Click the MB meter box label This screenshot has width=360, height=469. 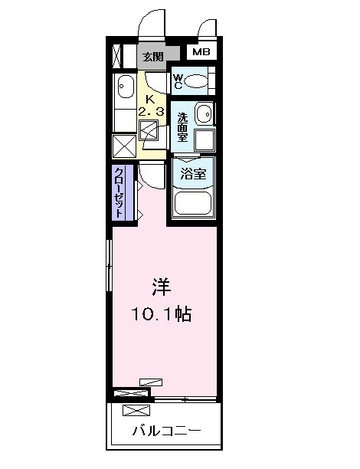pyautogui.click(x=201, y=52)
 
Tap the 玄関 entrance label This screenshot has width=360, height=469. pyautogui.click(x=152, y=56)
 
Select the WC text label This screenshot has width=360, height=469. pyautogui.click(x=178, y=82)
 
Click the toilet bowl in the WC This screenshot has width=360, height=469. pyautogui.click(x=196, y=81)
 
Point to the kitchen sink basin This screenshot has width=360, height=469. pyautogui.click(x=126, y=87)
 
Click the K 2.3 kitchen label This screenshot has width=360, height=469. pyautogui.click(x=152, y=106)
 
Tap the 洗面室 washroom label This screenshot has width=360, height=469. pyautogui.click(x=182, y=127)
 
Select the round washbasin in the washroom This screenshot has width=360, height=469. pyautogui.click(x=205, y=113)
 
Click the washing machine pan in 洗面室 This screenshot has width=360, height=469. pyautogui.click(x=205, y=140)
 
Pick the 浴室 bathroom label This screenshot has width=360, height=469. pyautogui.click(x=194, y=173)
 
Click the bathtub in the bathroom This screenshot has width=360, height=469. pyautogui.click(x=193, y=202)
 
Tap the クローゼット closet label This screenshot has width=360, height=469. pyautogui.click(x=119, y=192)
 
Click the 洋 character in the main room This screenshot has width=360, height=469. pyautogui.click(x=162, y=287)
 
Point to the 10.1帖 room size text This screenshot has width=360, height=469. pyautogui.click(x=162, y=314)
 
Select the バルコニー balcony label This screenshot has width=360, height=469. pyautogui.click(x=166, y=431)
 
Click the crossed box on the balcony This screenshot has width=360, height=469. pyautogui.click(x=136, y=410)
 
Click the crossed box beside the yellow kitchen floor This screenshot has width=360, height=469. pyautogui.click(x=124, y=146)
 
